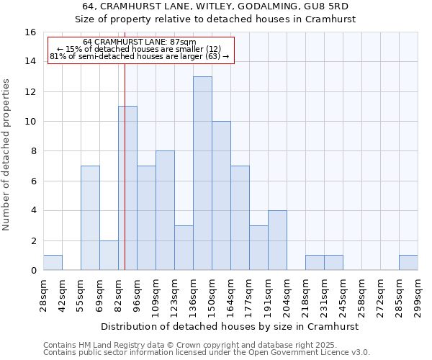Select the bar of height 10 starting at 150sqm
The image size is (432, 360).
click(x=221, y=195)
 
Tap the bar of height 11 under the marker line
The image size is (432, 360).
click(x=127, y=188)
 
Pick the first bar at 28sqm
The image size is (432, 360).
click(x=53, y=263)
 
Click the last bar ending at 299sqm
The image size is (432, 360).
click(x=408, y=263)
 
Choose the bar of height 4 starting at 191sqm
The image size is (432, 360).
click(x=277, y=240)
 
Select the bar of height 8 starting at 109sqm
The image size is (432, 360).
click(x=165, y=210)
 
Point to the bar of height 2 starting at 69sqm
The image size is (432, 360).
click(x=109, y=255)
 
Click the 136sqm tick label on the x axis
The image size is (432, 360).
click(x=193, y=297)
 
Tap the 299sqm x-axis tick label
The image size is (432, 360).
click(x=418, y=297)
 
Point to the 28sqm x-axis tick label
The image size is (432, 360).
click(x=43, y=297)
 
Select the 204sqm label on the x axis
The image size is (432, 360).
click(x=287, y=297)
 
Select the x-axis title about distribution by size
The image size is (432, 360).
click(x=230, y=326)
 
